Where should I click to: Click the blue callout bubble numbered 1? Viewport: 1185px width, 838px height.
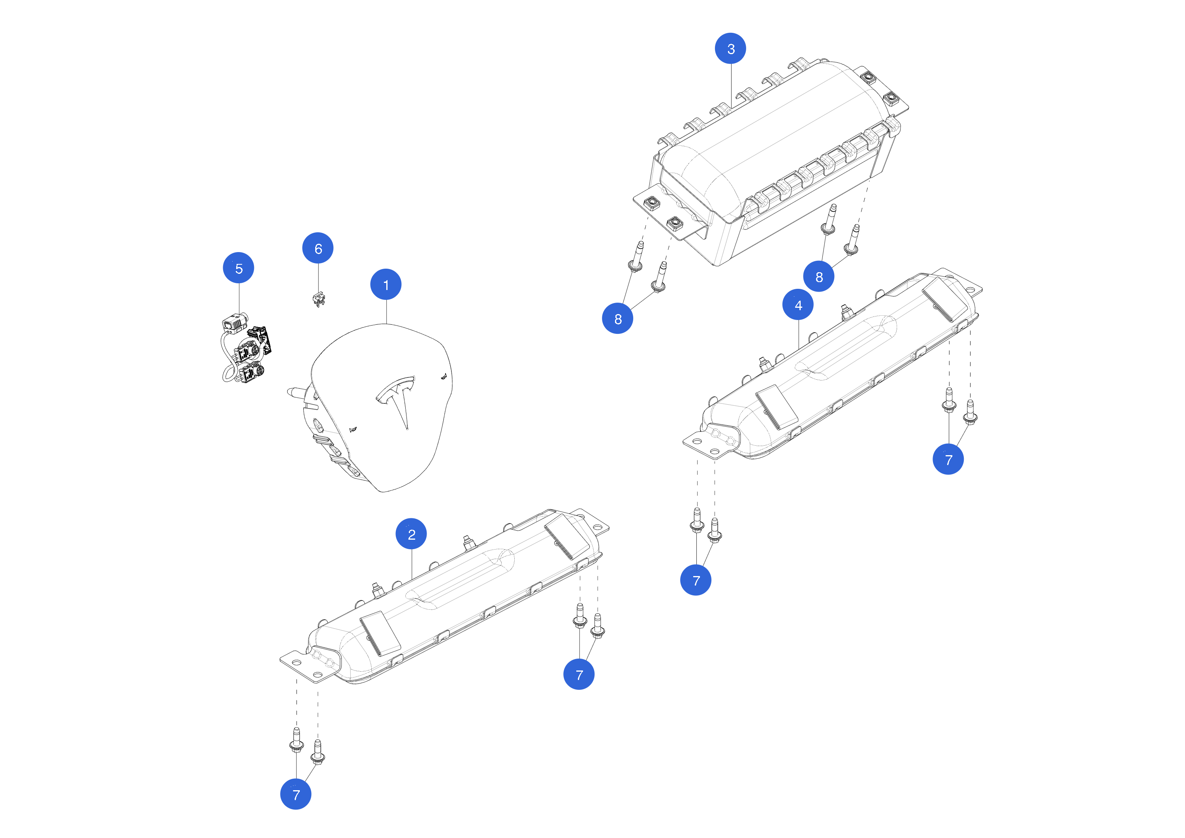386,284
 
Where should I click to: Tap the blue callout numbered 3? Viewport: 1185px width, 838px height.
730,49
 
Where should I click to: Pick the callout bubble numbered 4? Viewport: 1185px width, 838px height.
798,305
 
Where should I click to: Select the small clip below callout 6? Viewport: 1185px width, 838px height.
319,299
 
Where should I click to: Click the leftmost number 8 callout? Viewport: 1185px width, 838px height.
617,318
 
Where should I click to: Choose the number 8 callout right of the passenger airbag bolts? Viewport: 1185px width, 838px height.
818,276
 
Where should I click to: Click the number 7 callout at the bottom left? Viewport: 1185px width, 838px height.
296,794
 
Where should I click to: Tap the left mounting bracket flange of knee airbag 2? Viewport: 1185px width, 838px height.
299,666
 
